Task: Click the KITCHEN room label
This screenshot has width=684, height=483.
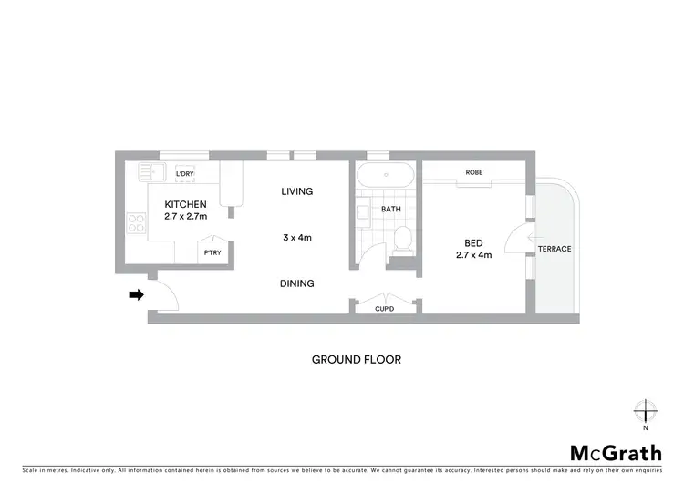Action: [x=185, y=203]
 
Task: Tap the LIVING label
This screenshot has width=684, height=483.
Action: [x=297, y=191]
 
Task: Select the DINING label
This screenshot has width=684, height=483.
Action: [x=297, y=283]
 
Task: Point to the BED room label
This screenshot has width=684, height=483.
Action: [x=473, y=242]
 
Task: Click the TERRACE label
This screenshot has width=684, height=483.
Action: [x=554, y=249]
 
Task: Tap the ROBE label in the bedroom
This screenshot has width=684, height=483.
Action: [x=473, y=172]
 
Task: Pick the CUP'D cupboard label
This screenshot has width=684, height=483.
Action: [x=385, y=310]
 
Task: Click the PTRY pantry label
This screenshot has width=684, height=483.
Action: [x=212, y=253]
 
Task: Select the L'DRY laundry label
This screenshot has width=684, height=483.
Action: [x=185, y=173]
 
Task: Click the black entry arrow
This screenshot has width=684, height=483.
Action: [x=136, y=294]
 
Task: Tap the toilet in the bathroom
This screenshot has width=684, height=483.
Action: [x=403, y=239]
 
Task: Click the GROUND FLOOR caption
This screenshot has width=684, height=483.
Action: [x=356, y=359]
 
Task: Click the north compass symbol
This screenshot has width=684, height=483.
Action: [x=645, y=412]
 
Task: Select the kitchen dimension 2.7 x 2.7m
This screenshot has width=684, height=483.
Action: [x=185, y=216]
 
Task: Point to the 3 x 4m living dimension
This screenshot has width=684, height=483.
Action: [x=297, y=238]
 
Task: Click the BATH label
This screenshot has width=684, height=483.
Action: [x=391, y=209]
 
